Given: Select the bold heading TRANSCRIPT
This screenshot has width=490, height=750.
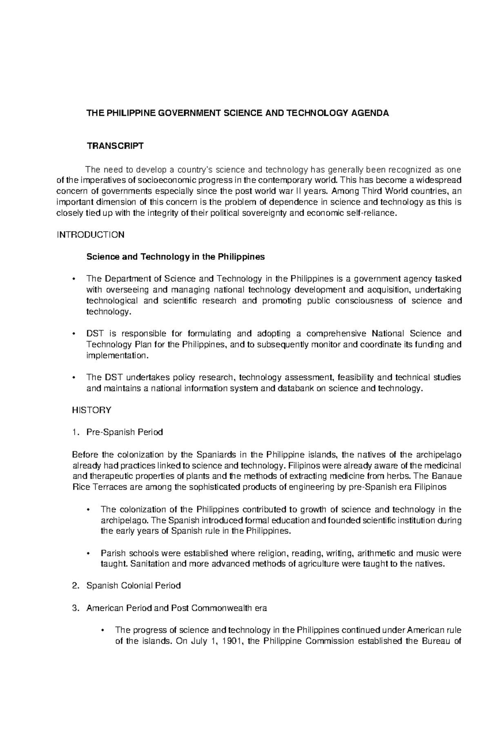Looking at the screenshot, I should point(115,146).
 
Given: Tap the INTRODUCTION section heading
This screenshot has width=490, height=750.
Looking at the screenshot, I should point(90,235).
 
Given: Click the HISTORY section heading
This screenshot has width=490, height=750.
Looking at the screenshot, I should point(91,410).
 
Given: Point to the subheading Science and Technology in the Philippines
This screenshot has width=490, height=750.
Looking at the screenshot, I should point(176,257).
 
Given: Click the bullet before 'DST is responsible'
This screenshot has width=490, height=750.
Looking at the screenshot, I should point(73,333).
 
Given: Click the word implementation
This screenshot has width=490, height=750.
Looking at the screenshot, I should point(116,355).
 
